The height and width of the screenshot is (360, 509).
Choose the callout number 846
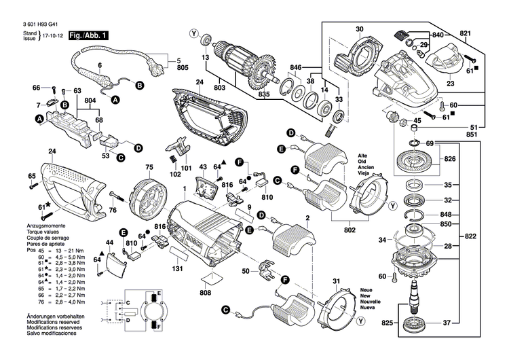tap(295, 67)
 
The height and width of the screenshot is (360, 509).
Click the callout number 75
tap(149, 166)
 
